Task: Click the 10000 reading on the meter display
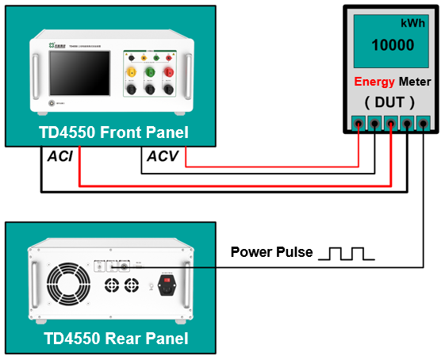pos(393,46)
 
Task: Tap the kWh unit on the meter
pos(412,23)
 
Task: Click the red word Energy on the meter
pos(374,82)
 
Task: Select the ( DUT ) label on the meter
pos(389,101)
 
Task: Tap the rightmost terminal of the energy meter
pos(424,123)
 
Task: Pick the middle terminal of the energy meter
pos(391,123)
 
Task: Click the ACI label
pos(60,156)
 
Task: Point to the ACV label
pos(164,156)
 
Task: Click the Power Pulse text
pos(271,253)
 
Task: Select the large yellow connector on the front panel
pos(132,73)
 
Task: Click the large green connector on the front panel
pos(150,73)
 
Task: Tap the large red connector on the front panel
pos(169,73)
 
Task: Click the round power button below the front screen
pos(53,102)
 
